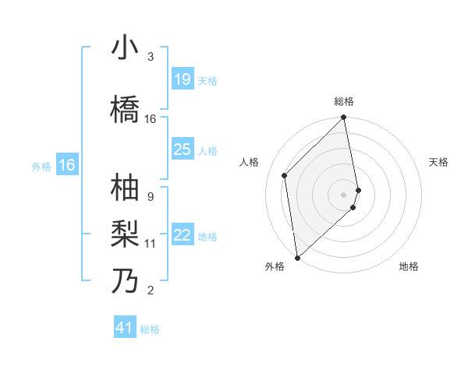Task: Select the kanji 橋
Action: [x=125, y=110]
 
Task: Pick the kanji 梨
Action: [x=125, y=234]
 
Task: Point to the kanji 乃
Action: [x=125, y=280]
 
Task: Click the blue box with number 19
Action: [x=182, y=79]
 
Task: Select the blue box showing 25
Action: [x=182, y=150]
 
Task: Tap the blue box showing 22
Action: [x=182, y=235]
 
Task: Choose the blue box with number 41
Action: [x=125, y=328]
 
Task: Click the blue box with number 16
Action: [x=66, y=165]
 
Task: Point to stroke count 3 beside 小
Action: [x=151, y=58]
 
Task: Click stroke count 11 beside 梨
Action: [x=151, y=244]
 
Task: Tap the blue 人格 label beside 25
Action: [x=207, y=150]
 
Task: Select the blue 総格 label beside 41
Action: [x=150, y=329]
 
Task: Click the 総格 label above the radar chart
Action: [x=344, y=101]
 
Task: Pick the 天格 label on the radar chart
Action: [x=439, y=162]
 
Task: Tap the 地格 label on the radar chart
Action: [x=409, y=266]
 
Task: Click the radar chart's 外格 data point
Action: [x=297, y=257]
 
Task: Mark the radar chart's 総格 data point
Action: [x=344, y=118]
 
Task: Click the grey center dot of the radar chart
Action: [x=344, y=194]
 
